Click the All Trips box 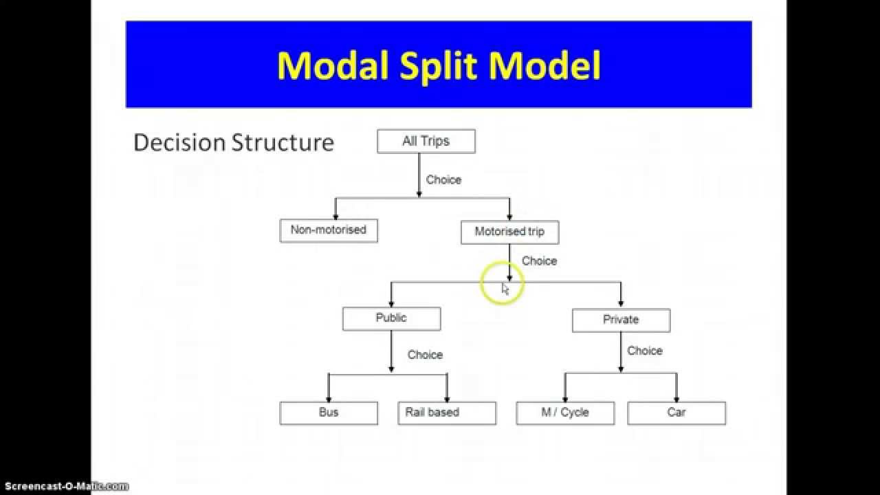click(426, 142)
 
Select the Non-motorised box click(329, 230)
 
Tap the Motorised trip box click(509, 232)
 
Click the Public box click(391, 318)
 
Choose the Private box click(621, 320)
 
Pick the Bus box click(329, 412)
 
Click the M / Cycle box click(565, 412)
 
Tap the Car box click(676, 412)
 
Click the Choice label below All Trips click(443, 180)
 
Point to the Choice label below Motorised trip click(539, 261)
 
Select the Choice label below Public click(425, 355)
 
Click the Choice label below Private click(645, 351)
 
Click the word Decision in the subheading click(179, 142)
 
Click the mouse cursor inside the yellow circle click(505, 289)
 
